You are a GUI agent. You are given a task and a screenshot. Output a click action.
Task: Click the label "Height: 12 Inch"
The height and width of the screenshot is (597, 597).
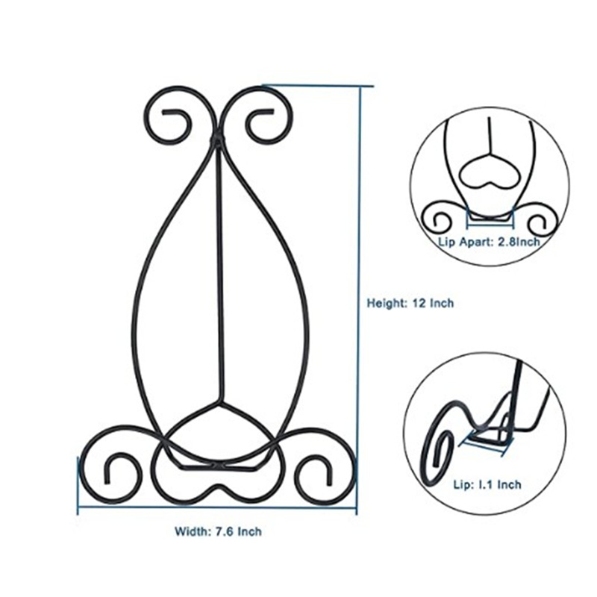(x=410, y=303)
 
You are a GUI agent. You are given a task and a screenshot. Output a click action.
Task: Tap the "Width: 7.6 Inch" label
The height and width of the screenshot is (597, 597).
(x=218, y=532)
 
